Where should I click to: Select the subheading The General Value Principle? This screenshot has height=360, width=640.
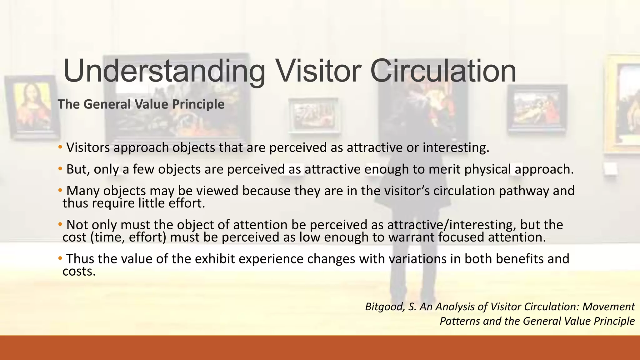click(141, 104)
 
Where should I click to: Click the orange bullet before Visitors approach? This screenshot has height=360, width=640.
click(60, 147)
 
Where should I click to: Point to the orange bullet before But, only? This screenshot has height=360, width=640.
click(60, 169)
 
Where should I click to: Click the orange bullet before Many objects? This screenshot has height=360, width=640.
click(60, 190)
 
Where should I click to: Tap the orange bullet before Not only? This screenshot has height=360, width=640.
click(60, 224)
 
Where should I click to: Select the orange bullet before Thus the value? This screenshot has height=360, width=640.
click(60, 258)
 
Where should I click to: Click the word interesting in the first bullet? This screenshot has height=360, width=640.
click(455, 147)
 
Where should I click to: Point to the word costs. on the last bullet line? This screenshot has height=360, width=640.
click(79, 271)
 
